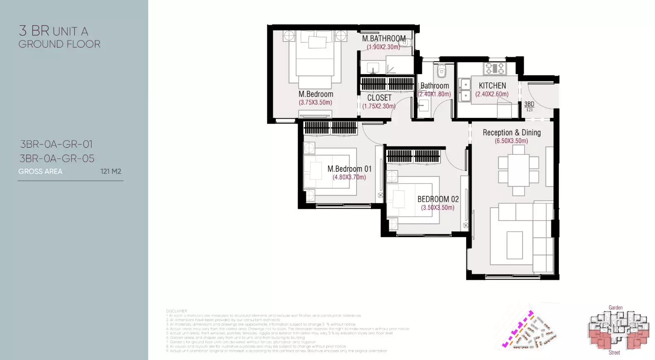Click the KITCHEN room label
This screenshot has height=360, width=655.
[x=492, y=86]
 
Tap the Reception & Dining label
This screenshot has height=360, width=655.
[x=512, y=133]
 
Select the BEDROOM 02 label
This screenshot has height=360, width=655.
[x=438, y=199]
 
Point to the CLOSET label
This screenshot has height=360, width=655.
[x=379, y=98]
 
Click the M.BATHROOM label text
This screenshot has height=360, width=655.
[x=384, y=38]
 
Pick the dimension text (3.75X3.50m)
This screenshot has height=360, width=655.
[x=315, y=103]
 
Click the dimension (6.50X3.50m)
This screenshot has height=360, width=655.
[x=511, y=141]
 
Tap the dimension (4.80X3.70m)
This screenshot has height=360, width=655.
[x=349, y=178]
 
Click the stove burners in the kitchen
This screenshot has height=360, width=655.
[x=495, y=68]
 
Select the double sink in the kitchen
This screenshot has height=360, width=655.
[x=465, y=90]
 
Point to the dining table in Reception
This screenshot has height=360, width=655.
[x=518, y=170]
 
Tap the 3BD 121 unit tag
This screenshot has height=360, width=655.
[x=529, y=106]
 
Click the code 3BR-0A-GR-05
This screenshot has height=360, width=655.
[x=57, y=158]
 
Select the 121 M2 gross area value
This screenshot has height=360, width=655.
[x=111, y=171]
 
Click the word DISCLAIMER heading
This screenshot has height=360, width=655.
[x=177, y=311]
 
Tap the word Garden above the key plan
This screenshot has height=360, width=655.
[x=615, y=307]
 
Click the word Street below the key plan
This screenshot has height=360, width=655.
[x=614, y=353]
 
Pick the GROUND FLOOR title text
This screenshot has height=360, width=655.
[x=59, y=44]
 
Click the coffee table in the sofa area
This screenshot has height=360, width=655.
[x=515, y=245]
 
